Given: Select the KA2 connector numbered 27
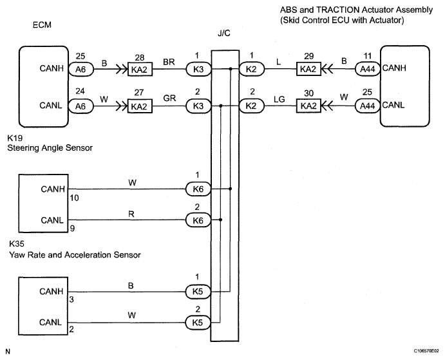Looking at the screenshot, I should coord(139,106).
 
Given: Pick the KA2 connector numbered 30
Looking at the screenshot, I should coord(308,106).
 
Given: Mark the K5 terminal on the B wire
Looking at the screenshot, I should coord(195,291).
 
